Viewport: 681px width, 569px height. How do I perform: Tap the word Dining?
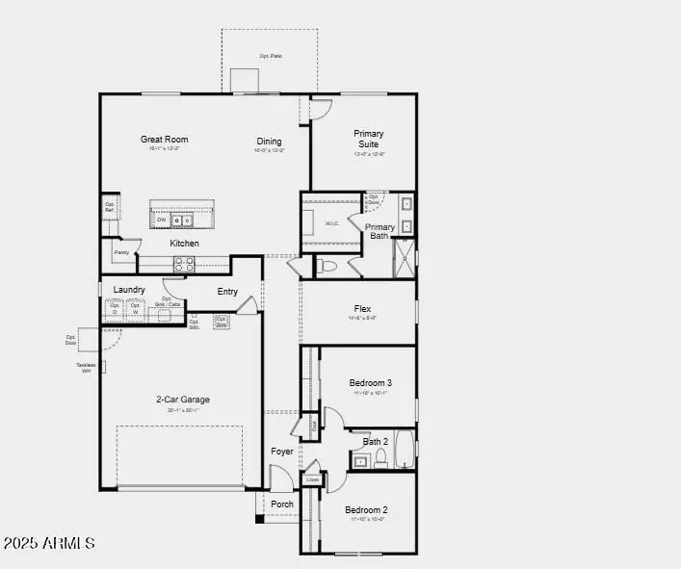tap(269, 142)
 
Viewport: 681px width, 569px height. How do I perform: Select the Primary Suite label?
tap(369, 139)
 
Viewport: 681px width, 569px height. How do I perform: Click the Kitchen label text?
tap(185, 244)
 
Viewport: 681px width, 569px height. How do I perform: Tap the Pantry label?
tap(121, 252)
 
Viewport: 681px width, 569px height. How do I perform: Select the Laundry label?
tap(129, 290)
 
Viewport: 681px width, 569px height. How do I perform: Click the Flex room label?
tap(362, 309)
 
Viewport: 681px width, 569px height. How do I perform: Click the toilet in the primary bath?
tap(327, 266)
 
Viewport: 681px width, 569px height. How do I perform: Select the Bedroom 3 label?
tap(370, 382)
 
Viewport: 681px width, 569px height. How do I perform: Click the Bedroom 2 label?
tap(366, 510)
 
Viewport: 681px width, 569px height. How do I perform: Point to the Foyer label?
tap(282, 451)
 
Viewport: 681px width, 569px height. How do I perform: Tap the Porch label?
tap(282, 504)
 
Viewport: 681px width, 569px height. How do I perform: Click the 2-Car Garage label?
tap(183, 400)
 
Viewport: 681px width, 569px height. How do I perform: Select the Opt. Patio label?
tap(271, 56)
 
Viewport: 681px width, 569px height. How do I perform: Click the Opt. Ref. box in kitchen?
tap(110, 207)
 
